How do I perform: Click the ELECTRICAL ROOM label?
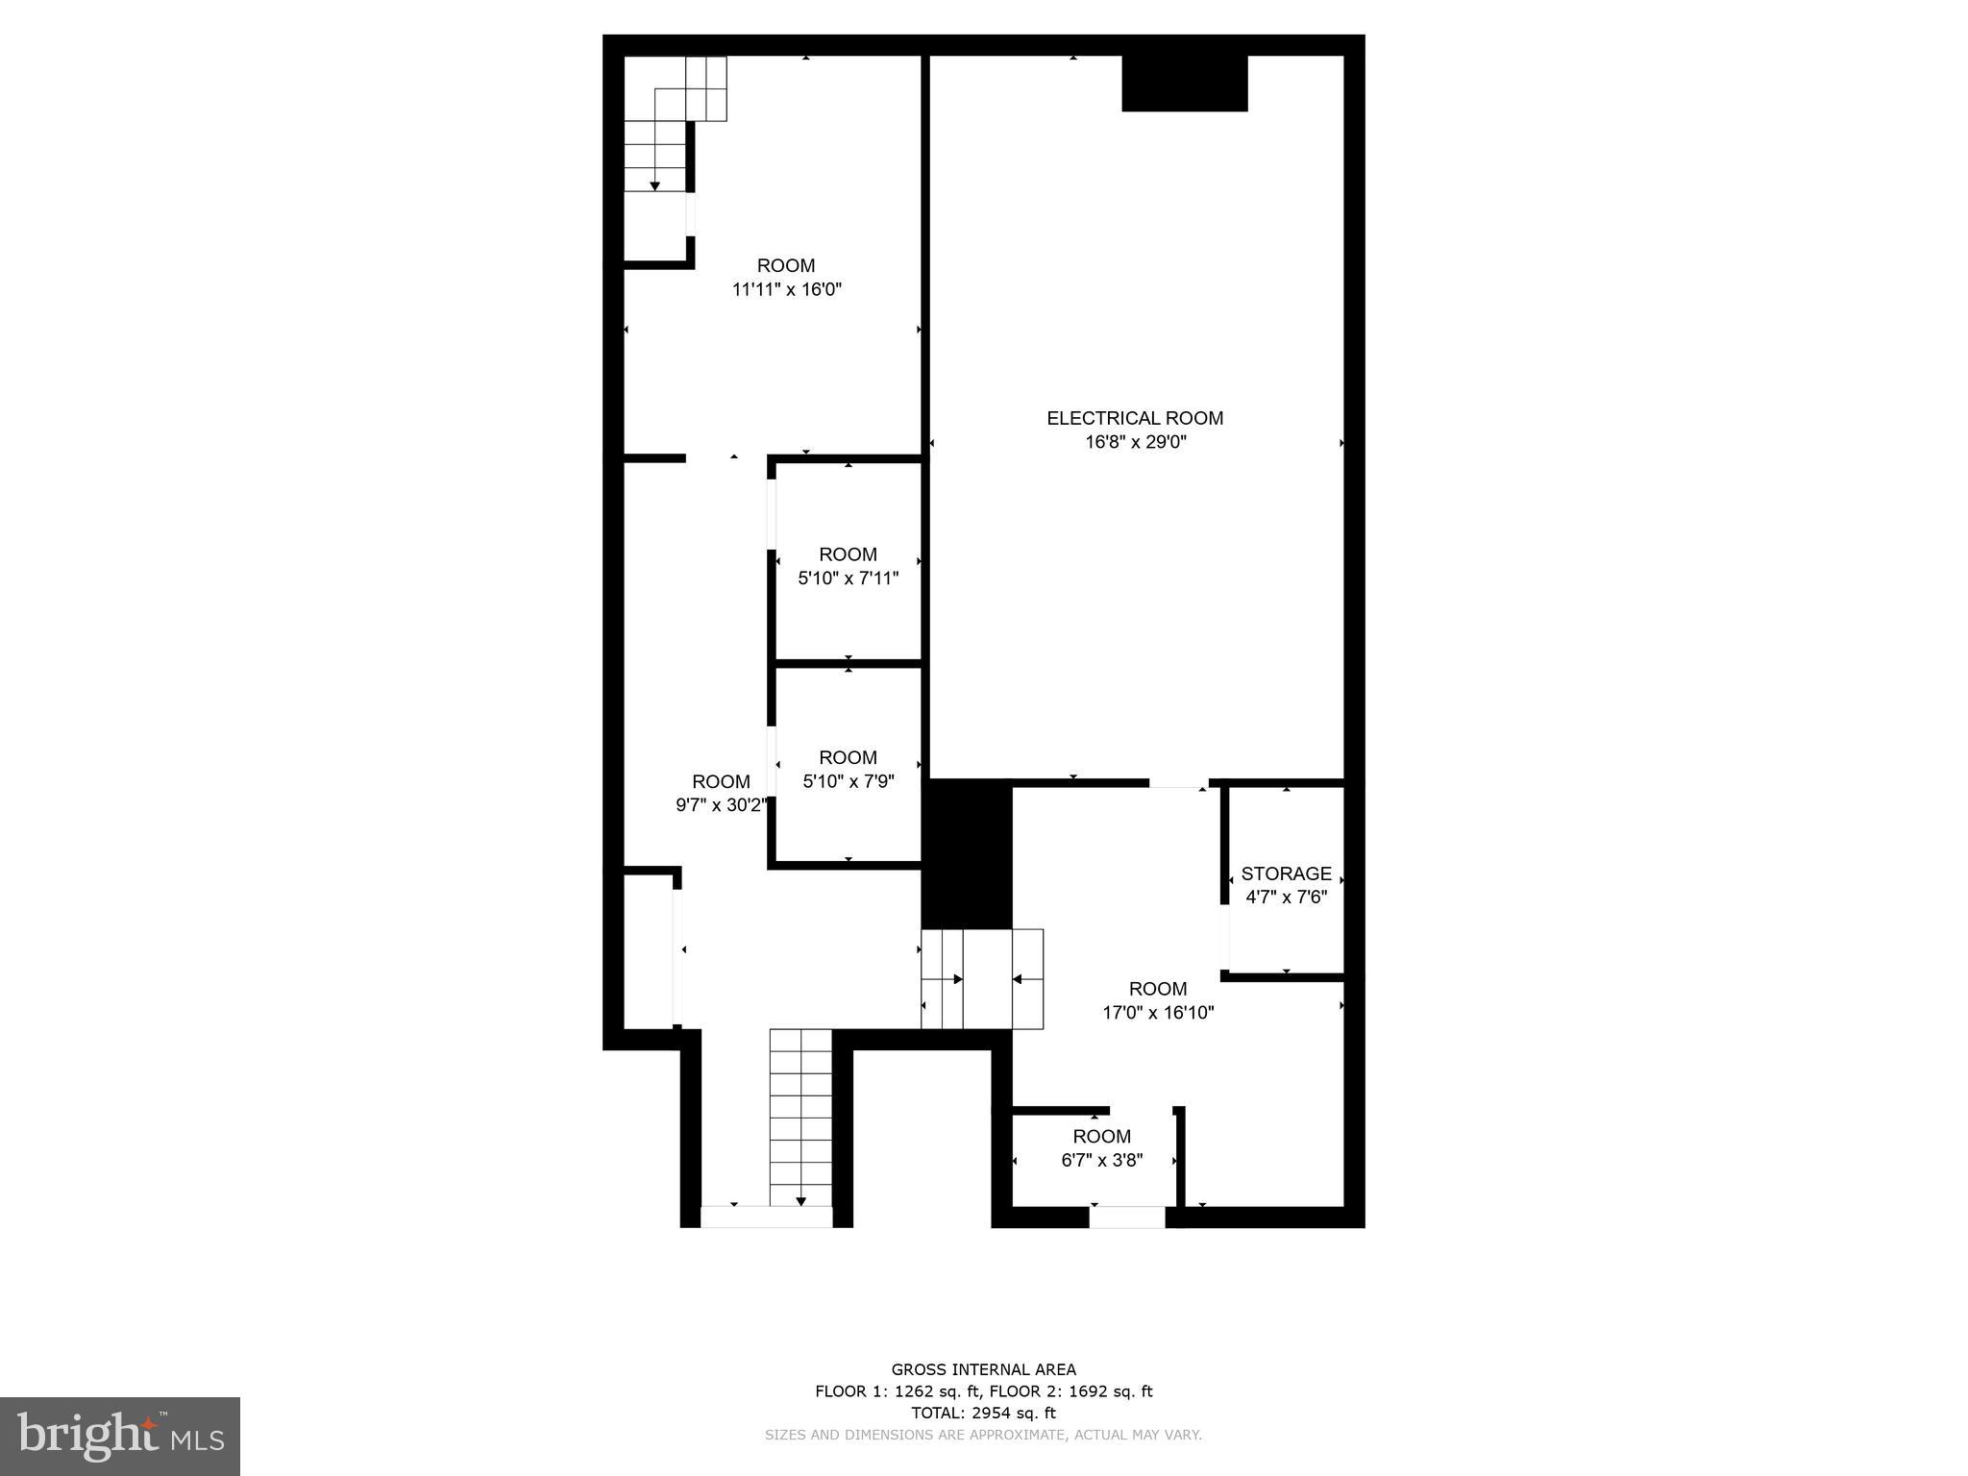click(x=1135, y=418)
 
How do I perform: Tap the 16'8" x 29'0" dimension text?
click(x=1135, y=442)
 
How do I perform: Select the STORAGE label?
click(x=1287, y=873)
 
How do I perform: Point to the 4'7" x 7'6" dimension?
click(x=1287, y=898)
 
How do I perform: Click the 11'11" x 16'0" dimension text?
click(x=787, y=289)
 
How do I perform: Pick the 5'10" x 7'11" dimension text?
click(x=849, y=578)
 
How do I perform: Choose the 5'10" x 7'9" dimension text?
click(x=849, y=781)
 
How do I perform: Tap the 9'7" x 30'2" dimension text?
click(x=721, y=805)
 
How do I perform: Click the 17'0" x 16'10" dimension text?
click(x=1158, y=1012)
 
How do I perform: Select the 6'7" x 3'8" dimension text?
click(x=1102, y=1160)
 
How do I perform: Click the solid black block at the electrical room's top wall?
click(x=1185, y=83)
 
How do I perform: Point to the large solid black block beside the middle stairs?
click(x=967, y=854)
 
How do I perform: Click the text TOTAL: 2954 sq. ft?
click(x=983, y=1413)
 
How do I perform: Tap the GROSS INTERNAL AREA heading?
click(x=983, y=1369)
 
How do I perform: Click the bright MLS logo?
click(x=120, y=1436)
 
